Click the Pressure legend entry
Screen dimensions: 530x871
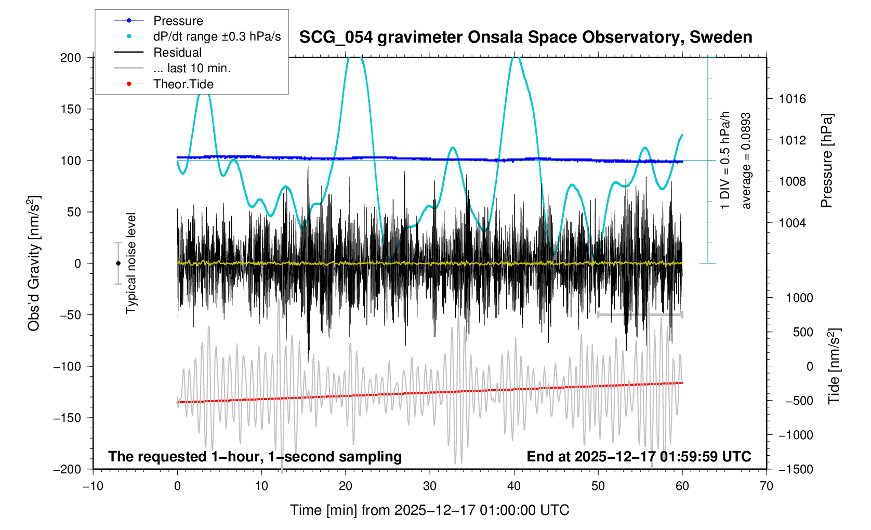click(178, 21)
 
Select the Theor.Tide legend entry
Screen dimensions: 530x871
click(183, 84)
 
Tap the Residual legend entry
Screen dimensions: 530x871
click(177, 52)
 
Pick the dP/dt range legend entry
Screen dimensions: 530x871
click(217, 36)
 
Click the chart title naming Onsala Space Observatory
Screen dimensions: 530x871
click(525, 37)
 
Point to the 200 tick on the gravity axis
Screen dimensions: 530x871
click(71, 58)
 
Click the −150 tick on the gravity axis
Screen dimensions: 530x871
click(67, 418)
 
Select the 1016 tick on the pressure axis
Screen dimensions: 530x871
click(792, 99)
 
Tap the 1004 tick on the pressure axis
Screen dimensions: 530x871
click(792, 223)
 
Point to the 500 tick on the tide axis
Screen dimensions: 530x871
click(802, 332)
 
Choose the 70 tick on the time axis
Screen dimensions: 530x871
click(766, 486)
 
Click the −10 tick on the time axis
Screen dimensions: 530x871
click(93, 486)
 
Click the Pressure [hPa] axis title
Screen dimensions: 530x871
click(826, 161)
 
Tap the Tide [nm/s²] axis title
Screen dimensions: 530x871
click(834, 366)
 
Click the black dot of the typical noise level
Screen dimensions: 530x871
click(118, 263)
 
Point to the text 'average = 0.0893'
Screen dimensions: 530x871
click(746, 161)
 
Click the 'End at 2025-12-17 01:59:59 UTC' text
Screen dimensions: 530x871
click(639, 457)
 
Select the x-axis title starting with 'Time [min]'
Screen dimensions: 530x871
click(429, 510)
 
